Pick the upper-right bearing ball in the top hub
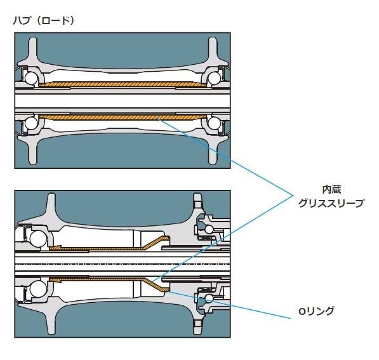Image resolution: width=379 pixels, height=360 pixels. coord(216,77)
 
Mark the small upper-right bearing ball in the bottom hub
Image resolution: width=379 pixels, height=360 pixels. coord(207,228)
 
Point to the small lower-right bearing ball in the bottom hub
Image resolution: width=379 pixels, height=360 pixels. coord(207,299)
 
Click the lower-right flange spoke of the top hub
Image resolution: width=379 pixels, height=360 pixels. coord(215,152)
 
